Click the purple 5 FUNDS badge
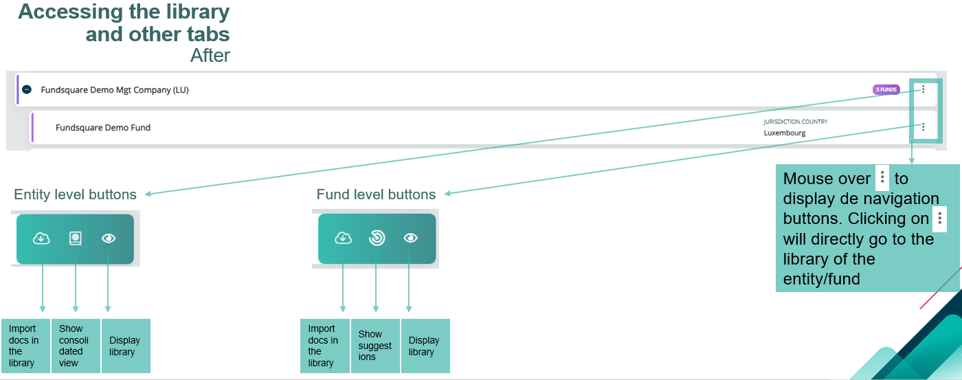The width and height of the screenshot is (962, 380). (886, 89)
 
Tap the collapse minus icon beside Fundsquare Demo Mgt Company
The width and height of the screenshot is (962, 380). (27, 89)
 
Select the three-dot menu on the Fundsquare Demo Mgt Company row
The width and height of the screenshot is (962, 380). (923, 89)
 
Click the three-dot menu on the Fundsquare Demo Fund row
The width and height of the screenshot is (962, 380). (923, 127)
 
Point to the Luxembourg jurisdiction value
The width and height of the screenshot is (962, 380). (784, 133)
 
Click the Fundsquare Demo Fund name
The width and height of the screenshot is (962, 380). (103, 128)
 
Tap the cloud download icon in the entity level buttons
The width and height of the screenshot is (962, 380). (41, 238)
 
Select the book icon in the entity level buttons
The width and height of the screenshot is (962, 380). (75, 238)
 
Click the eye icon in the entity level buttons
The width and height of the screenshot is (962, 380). (109, 238)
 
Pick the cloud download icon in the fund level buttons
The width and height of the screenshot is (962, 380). (343, 238)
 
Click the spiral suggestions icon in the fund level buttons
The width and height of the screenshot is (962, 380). (377, 238)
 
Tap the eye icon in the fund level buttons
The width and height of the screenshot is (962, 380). (411, 238)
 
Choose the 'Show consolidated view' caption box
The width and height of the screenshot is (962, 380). (76, 346)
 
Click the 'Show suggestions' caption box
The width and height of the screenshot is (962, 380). (375, 346)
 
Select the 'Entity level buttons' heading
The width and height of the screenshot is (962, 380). (75, 194)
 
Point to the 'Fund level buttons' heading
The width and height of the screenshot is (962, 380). (376, 194)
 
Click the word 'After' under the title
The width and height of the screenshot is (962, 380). (210, 56)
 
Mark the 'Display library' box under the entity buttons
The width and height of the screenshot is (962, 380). (126, 346)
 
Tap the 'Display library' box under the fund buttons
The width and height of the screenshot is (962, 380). (425, 346)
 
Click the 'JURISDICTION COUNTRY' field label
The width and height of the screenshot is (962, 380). (796, 122)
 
